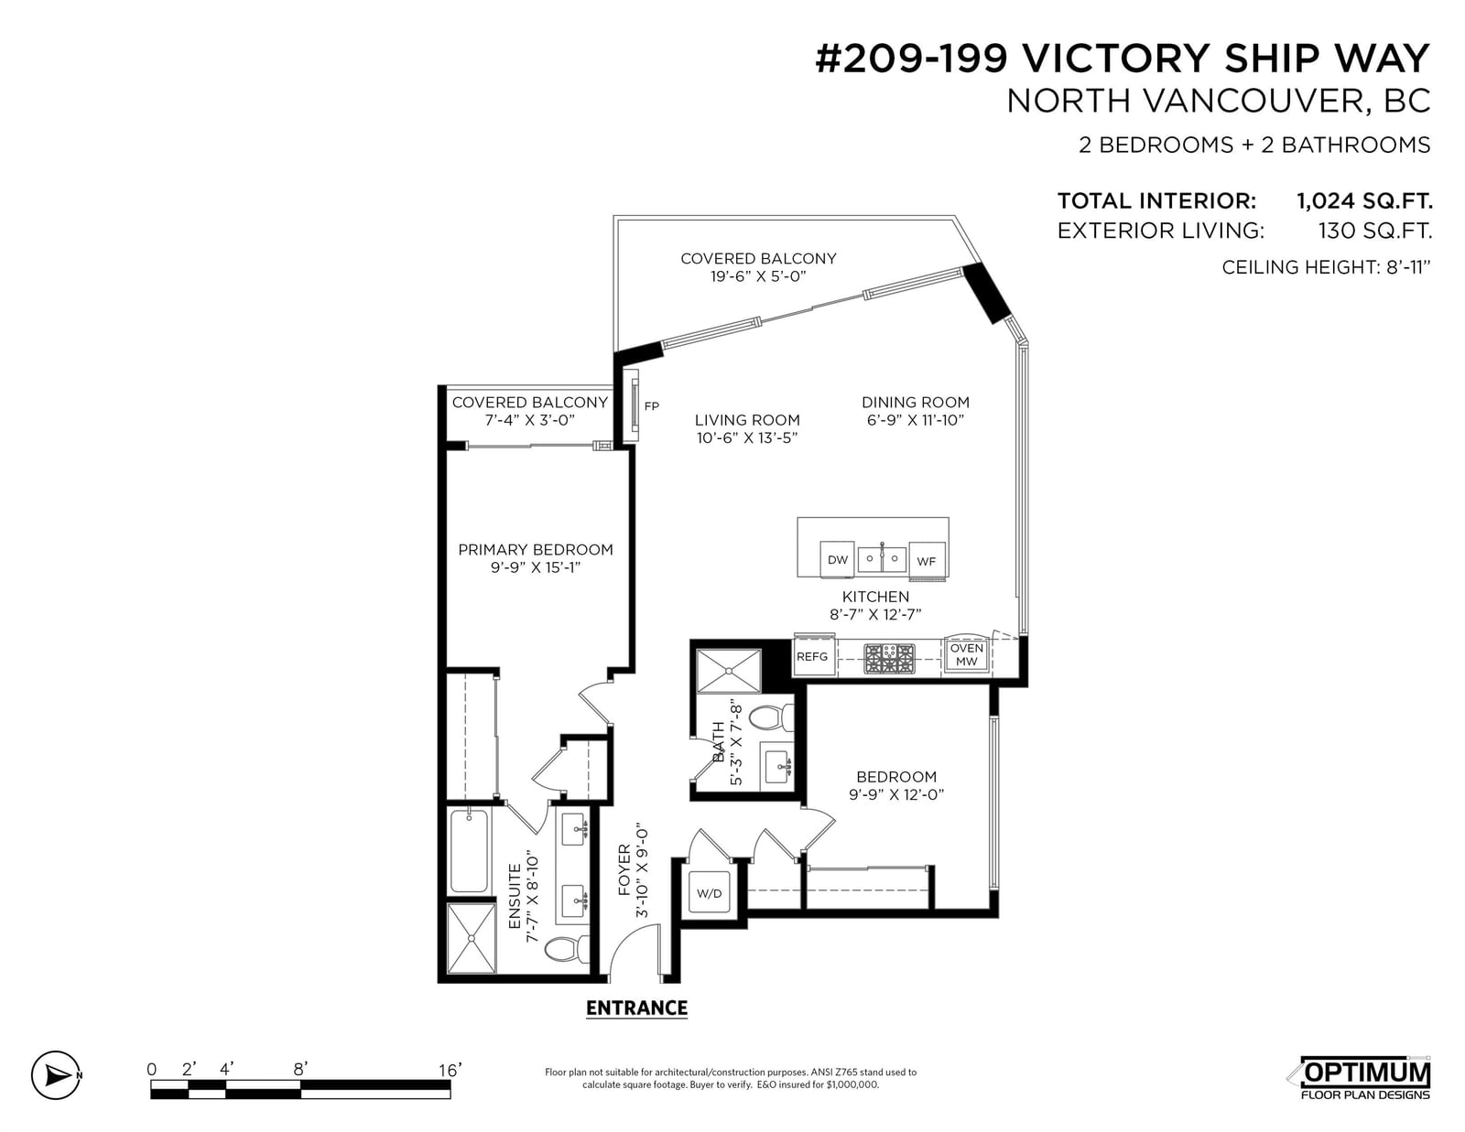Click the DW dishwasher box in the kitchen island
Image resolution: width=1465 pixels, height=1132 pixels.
tap(837, 558)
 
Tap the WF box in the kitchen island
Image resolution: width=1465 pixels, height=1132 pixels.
tap(927, 560)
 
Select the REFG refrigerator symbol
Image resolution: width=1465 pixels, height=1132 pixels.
tap(813, 655)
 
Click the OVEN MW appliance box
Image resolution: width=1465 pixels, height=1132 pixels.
tap(966, 653)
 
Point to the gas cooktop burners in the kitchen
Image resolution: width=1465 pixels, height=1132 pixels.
tap(890, 658)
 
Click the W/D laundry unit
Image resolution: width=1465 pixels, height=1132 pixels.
tap(710, 893)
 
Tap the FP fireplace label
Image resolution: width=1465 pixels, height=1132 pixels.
tap(651, 405)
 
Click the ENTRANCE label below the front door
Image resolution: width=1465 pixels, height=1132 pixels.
tap(636, 1008)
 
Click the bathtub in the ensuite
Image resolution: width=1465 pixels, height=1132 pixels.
tap(469, 852)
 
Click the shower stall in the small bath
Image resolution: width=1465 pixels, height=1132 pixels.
tap(728, 671)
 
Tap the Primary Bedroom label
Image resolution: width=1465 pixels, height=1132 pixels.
tap(536, 549)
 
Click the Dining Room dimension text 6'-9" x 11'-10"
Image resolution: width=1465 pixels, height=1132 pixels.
tap(916, 420)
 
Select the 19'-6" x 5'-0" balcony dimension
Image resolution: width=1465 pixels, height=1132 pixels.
tap(758, 276)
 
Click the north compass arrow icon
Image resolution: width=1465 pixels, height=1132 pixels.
tap(57, 1075)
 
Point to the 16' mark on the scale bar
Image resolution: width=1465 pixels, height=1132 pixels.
tap(450, 1070)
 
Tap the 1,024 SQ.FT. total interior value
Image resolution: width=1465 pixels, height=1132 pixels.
tap(1364, 200)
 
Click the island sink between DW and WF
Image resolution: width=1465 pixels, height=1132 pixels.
tap(881, 558)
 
